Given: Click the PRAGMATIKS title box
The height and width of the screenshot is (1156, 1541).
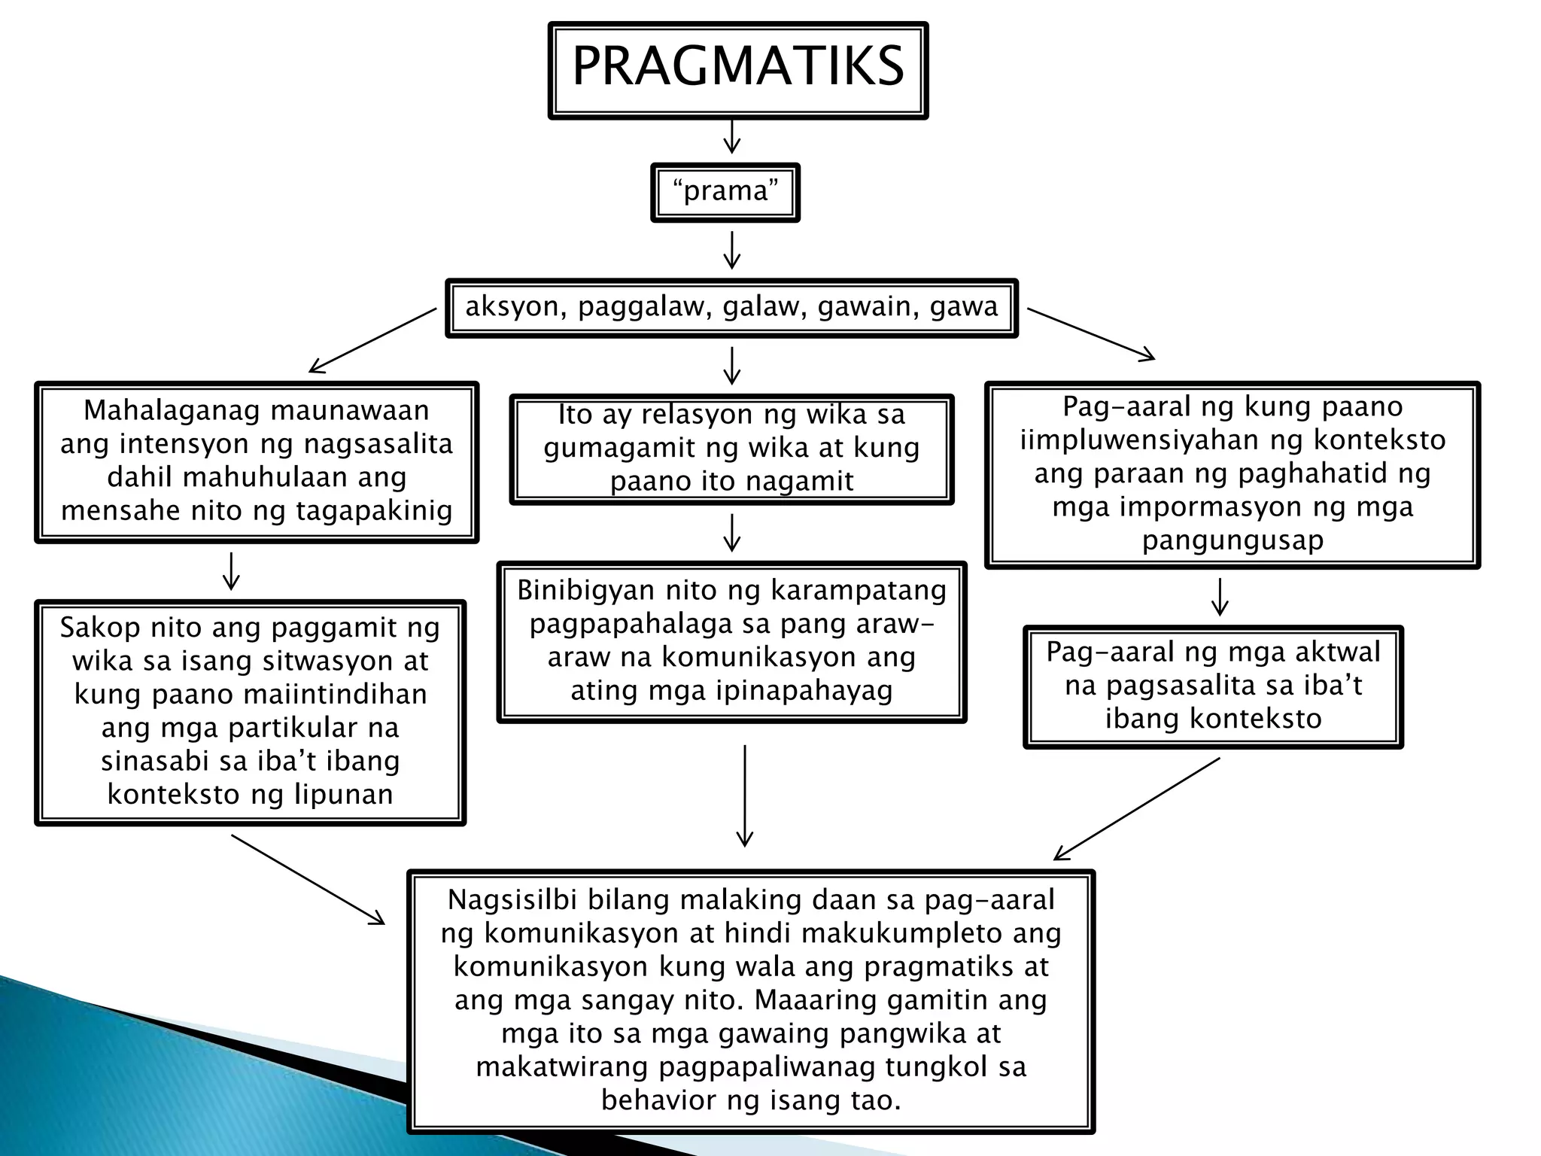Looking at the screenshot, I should tap(738, 69).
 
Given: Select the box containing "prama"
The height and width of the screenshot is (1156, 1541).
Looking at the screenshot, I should tap(725, 192).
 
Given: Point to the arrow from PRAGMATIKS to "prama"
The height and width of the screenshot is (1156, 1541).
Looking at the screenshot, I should tap(731, 136).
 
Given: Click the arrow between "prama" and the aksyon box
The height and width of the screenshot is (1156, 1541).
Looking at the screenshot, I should tap(731, 250).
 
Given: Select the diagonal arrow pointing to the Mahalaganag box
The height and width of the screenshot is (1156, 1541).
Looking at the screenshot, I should tap(372, 340).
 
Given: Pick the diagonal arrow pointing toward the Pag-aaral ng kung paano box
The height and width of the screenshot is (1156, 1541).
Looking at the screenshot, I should tap(1091, 334).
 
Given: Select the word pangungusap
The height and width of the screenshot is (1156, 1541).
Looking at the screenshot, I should tap(1232, 540).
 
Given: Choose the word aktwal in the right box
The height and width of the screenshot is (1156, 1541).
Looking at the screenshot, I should tap(1337, 652).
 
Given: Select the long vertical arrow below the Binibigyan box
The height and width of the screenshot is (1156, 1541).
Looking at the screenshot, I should tap(744, 796).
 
